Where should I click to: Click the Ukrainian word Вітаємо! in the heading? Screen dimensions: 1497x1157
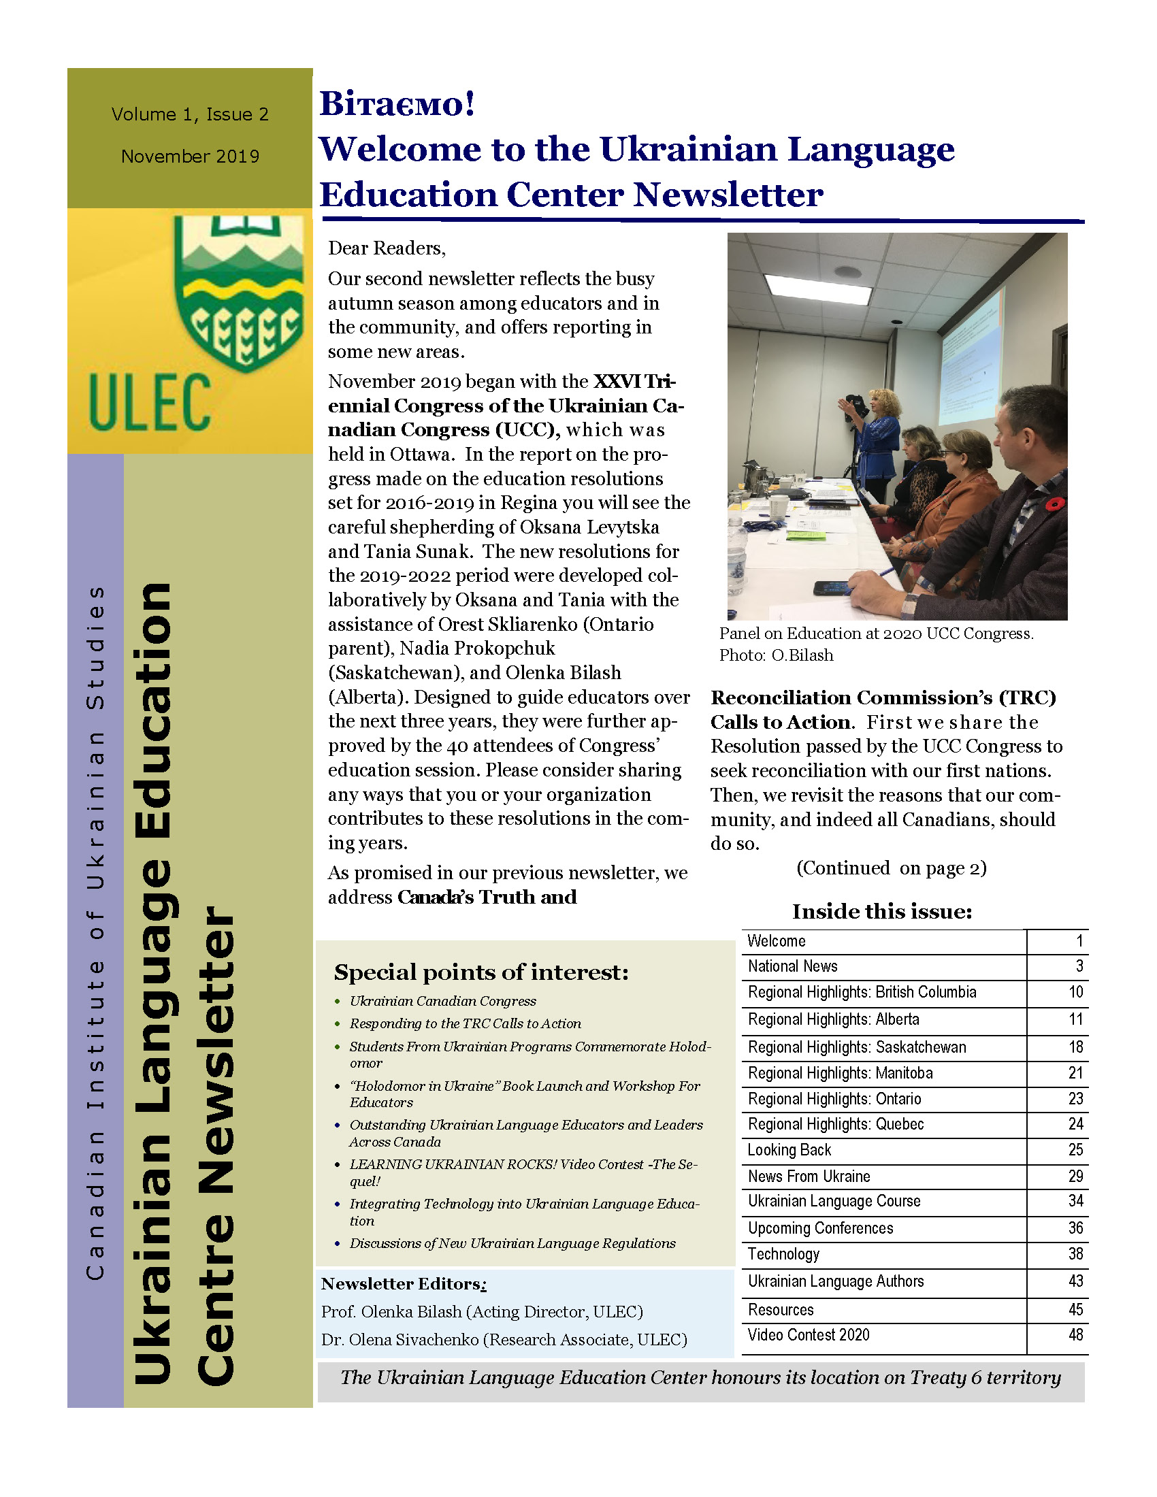point(397,104)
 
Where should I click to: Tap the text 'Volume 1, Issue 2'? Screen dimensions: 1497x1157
point(190,114)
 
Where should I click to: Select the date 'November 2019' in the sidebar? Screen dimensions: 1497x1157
point(190,157)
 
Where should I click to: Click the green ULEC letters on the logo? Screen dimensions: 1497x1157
point(150,403)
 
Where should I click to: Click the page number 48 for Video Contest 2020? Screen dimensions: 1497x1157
point(1075,1334)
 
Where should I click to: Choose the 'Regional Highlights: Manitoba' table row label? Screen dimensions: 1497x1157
point(840,1072)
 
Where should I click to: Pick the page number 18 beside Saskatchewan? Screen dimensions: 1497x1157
point(1075,1047)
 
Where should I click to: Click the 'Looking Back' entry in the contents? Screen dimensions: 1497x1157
point(789,1149)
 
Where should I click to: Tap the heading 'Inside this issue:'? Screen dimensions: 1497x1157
point(882,911)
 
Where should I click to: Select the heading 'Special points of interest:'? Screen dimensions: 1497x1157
point(480,972)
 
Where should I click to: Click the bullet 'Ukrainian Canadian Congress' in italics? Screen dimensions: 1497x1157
point(443,1001)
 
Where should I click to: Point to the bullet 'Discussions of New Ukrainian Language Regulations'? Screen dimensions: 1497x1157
point(512,1243)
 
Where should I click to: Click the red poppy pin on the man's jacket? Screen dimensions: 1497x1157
point(1056,504)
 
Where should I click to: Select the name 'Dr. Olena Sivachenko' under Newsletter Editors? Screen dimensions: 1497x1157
point(400,1339)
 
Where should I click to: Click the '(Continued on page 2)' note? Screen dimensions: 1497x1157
point(891,868)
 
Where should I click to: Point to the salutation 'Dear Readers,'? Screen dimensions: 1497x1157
point(387,248)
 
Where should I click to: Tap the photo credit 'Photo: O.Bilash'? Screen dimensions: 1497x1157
point(776,655)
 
